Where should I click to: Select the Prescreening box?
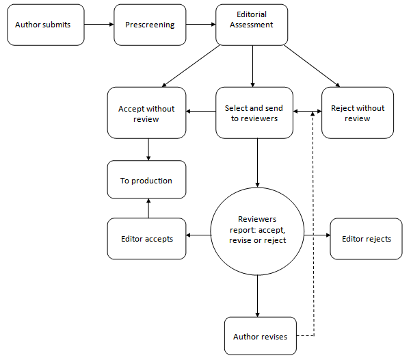click(x=150, y=25)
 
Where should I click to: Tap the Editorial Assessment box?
click(x=253, y=25)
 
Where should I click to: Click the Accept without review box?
click(x=146, y=113)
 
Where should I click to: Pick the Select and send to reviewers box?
click(x=255, y=113)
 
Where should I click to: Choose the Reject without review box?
click(x=358, y=113)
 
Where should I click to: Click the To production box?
click(x=146, y=181)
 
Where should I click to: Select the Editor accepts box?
click(x=146, y=239)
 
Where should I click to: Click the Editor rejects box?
click(x=367, y=239)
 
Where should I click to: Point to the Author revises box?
click(x=261, y=336)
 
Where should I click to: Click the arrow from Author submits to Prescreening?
click(x=98, y=25)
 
